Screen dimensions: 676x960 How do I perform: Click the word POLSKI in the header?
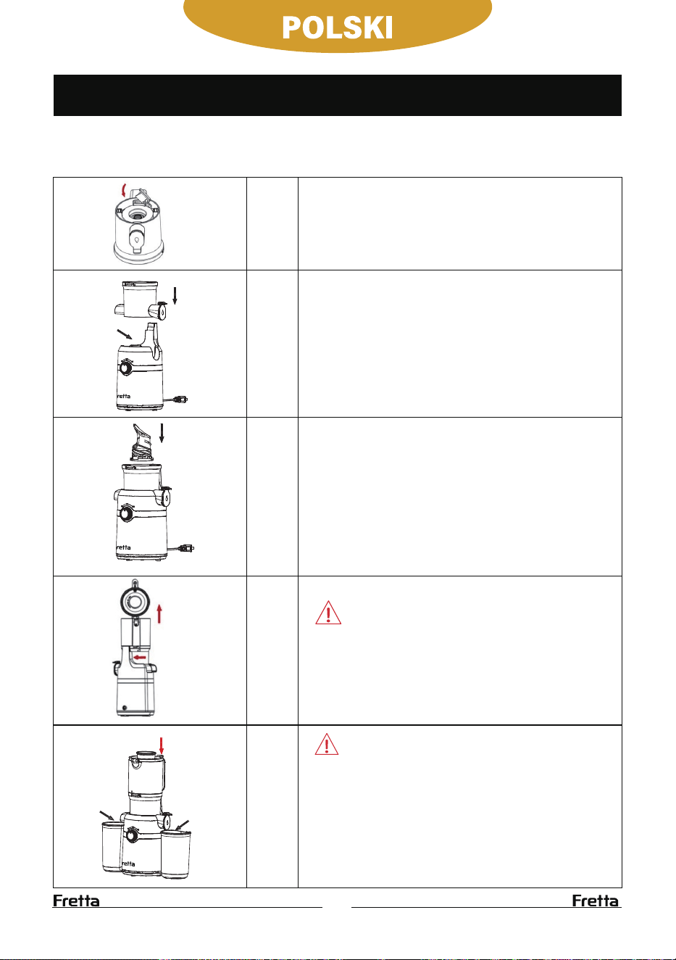337,28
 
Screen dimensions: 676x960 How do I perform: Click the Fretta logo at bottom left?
76,901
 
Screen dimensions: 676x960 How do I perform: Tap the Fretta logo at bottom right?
596,901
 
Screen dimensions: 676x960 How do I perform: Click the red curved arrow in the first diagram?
124,190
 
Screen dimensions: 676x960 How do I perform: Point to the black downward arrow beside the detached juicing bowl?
175,296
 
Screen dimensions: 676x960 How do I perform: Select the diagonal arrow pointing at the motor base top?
124,334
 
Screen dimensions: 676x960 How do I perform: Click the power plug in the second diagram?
181,400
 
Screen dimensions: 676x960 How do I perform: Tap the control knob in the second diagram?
126,368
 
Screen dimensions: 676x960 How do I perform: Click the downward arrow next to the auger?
162,433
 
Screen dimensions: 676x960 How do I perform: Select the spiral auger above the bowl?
142,443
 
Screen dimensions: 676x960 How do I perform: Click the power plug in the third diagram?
188,548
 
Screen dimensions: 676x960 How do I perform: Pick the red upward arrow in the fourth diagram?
159,613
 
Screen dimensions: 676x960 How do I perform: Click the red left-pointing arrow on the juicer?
140,658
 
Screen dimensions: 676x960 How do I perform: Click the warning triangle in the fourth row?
328,613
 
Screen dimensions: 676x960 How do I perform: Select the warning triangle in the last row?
327,745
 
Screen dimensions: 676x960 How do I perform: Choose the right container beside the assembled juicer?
175,854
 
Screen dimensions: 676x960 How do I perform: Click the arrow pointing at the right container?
183,825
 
